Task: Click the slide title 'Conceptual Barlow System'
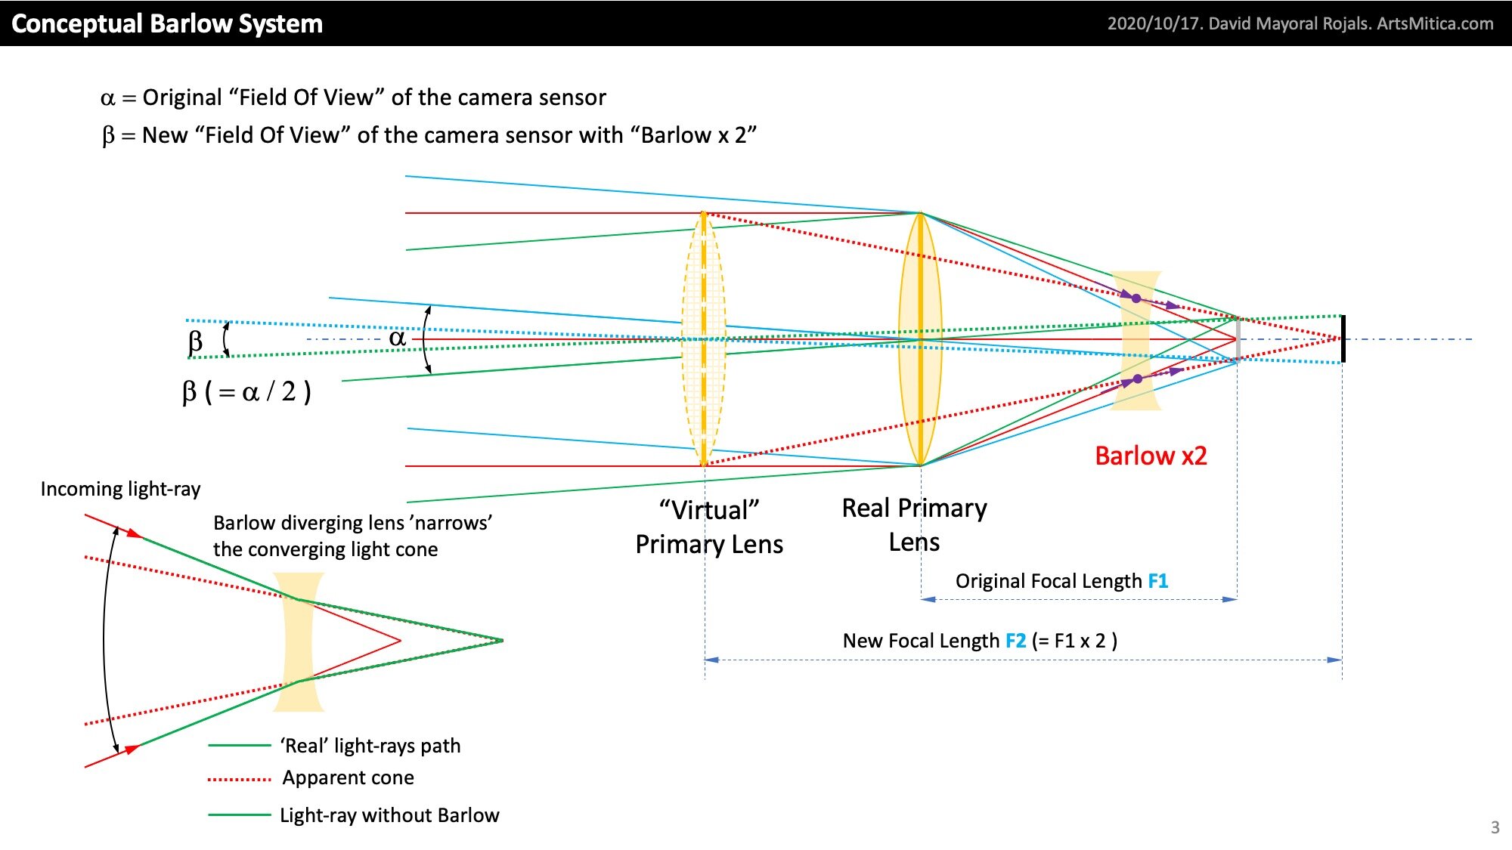[167, 23]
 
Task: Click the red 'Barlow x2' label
[1151, 456]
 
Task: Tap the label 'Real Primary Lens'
[914, 524]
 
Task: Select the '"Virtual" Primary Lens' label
[709, 527]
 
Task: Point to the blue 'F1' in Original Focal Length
[1157, 581]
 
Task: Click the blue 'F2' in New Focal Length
[1015, 641]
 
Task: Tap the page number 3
[1495, 827]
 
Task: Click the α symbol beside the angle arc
[398, 338]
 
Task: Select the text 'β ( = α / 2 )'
[246, 392]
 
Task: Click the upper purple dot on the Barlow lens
[1136, 298]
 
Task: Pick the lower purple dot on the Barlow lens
[1138, 379]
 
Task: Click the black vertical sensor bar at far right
[1343, 338]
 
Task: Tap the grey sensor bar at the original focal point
[1238, 338]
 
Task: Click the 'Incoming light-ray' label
[120, 489]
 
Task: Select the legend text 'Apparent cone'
[348, 777]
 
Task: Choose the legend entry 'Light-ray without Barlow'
[389, 815]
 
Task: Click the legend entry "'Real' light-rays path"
[370, 746]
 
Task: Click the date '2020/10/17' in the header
[1154, 23]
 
